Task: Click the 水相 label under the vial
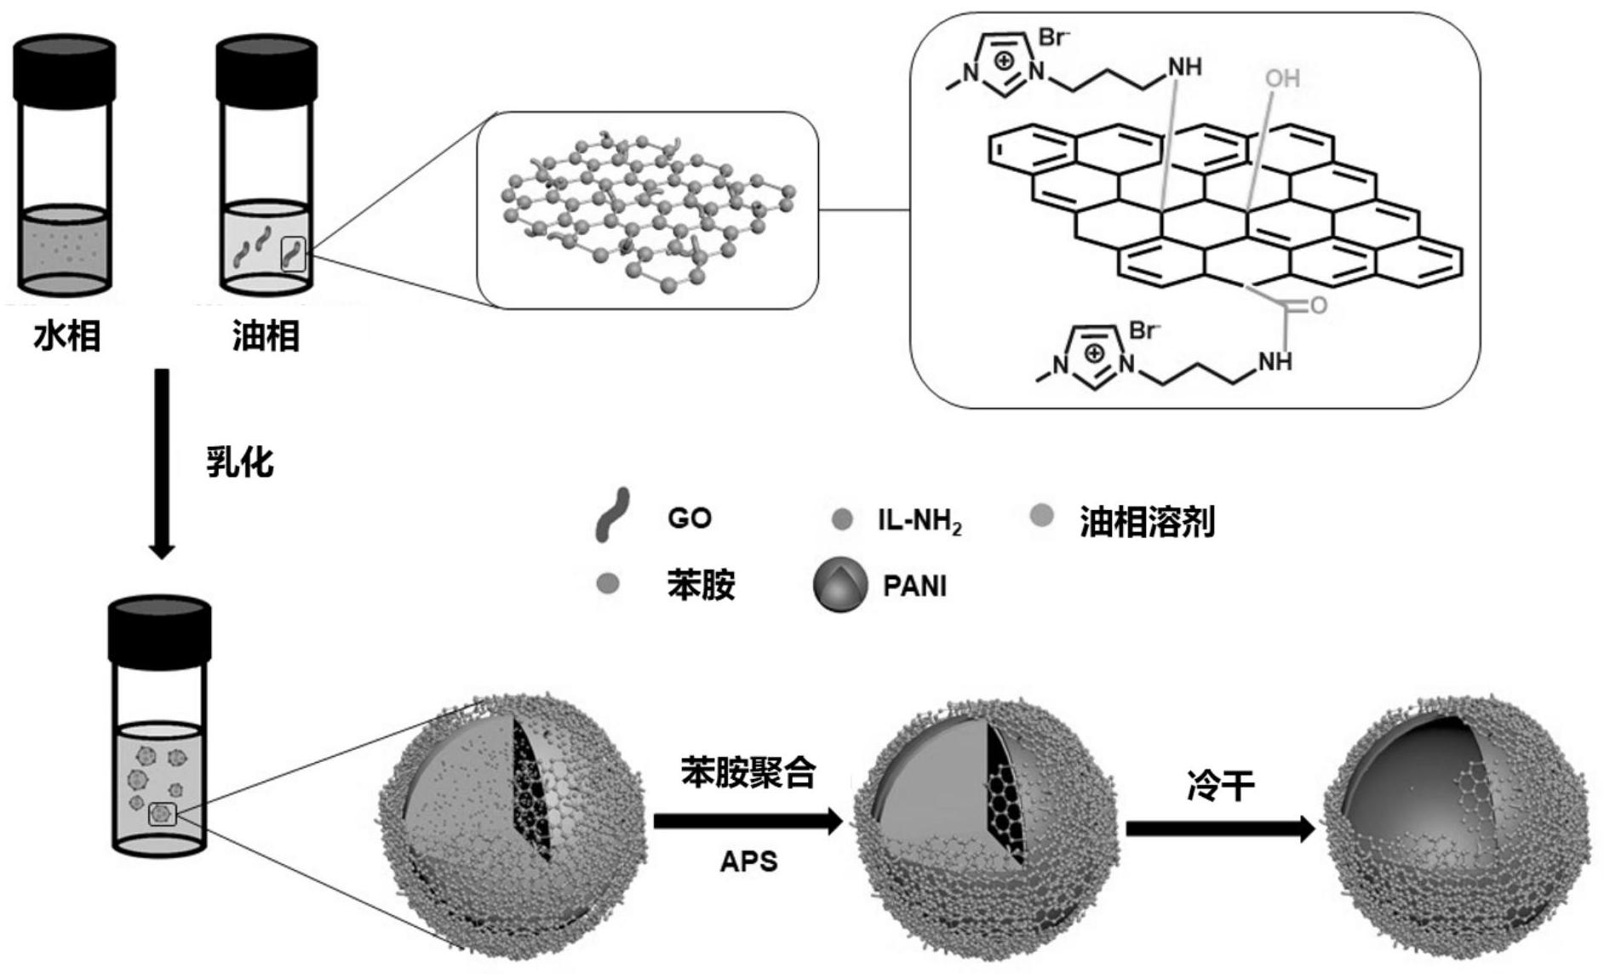click(x=67, y=336)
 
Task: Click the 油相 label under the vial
click(x=266, y=336)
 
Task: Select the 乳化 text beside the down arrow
click(x=240, y=462)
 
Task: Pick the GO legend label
click(x=689, y=518)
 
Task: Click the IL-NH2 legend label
click(x=919, y=519)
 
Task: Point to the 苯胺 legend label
click(x=701, y=586)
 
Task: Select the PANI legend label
click(x=914, y=587)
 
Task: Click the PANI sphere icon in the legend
click(x=840, y=585)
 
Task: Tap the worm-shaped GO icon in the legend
click(x=612, y=514)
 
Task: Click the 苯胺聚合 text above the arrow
click(x=748, y=773)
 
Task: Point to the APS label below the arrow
click(x=748, y=862)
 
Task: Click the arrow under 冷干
click(x=1220, y=828)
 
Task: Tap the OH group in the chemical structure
click(x=1282, y=79)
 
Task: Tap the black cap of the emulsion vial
click(x=160, y=628)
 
